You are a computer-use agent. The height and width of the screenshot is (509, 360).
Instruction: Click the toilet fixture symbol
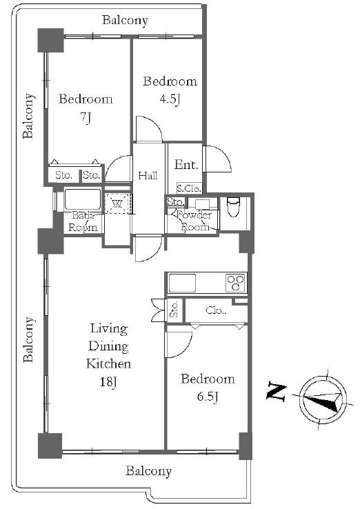pyautogui.click(x=233, y=207)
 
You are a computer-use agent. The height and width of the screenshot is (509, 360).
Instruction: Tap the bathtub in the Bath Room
pyautogui.click(x=83, y=199)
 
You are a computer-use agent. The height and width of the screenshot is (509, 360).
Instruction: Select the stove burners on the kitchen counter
pyautogui.click(x=235, y=282)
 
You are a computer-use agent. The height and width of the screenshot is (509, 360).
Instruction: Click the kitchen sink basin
pyautogui.click(x=182, y=283)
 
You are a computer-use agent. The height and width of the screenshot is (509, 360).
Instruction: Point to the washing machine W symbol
pyautogui.click(x=117, y=204)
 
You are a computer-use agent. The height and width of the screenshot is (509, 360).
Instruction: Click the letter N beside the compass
pyautogui.click(x=277, y=392)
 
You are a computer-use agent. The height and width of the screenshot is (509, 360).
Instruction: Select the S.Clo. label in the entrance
pyautogui.click(x=188, y=188)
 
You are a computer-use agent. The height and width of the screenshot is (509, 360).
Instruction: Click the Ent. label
pyautogui.click(x=186, y=165)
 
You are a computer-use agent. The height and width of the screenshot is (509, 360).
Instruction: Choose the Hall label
pyautogui.click(x=148, y=176)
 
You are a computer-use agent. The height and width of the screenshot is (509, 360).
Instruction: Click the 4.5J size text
pyautogui.click(x=170, y=99)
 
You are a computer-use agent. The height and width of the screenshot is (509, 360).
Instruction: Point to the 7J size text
pyautogui.click(x=86, y=117)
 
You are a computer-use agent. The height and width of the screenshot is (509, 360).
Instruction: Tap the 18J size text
pyautogui.click(x=108, y=382)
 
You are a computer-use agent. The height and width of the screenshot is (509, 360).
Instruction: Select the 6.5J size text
pyautogui.click(x=208, y=397)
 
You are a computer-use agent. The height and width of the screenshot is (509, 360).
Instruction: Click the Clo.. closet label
pyautogui.click(x=216, y=310)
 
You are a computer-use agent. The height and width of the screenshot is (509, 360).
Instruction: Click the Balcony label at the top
pyautogui.click(x=125, y=20)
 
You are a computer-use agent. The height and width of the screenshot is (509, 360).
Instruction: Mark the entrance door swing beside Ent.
pyautogui.click(x=217, y=159)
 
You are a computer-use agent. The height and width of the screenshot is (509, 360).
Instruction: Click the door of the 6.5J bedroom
pyautogui.click(x=179, y=345)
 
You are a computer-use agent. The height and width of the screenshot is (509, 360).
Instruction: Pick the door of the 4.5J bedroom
pyautogui.click(x=149, y=129)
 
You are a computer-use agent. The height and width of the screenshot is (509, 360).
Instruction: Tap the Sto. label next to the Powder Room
pyautogui.click(x=176, y=202)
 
